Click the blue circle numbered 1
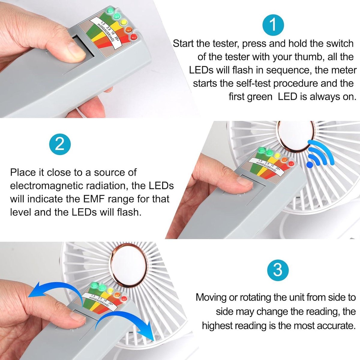pyautogui.click(x=273, y=25)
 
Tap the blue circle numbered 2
pyautogui.click(x=60, y=145)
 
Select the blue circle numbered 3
pyautogui.click(x=278, y=270)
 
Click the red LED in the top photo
pyautogui.click(x=133, y=37)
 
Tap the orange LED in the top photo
pyautogui.click(x=129, y=30)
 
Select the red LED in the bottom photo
pyautogui.click(x=124, y=298)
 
